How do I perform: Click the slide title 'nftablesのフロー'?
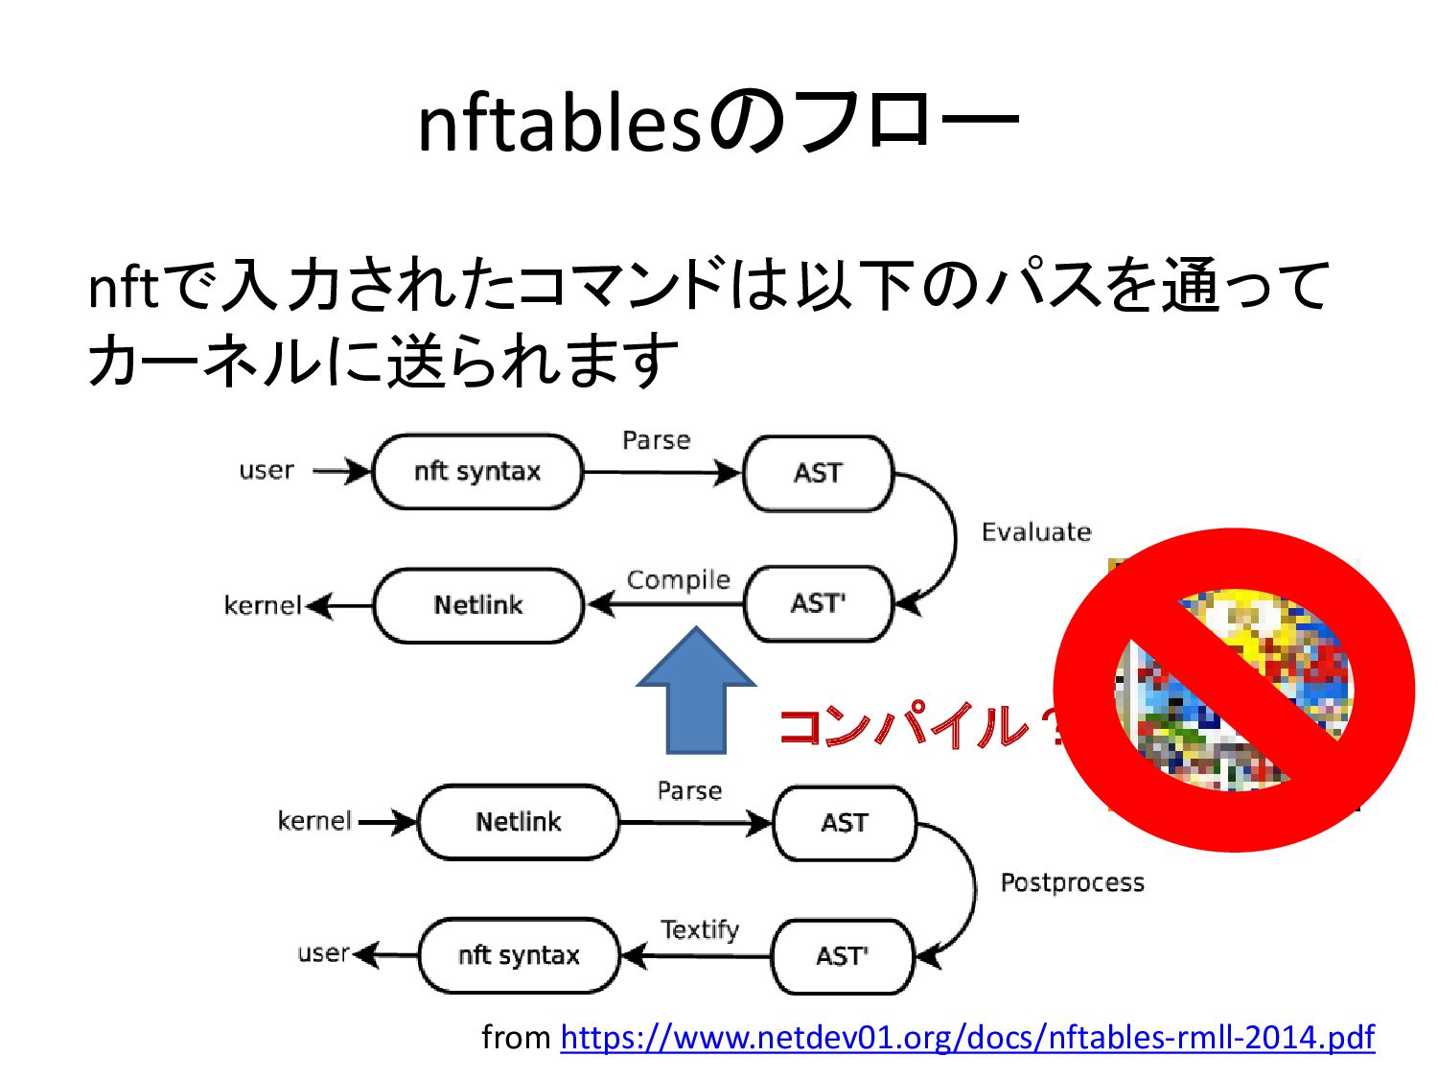click(718, 123)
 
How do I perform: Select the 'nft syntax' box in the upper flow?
click(477, 471)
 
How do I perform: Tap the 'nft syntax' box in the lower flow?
click(519, 955)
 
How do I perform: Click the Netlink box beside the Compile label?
click(477, 605)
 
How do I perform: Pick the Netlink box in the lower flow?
click(519, 822)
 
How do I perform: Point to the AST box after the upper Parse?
click(818, 473)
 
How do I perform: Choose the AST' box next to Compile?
click(818, 603)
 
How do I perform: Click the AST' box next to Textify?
click(842, 956)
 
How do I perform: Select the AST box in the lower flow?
click(844, 823)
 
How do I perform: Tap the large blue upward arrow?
click(696, 691)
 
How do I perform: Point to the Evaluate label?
click(1036, 532)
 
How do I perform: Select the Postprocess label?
click(1072, 882)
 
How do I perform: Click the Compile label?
click(678, 579)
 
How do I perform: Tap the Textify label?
click(700, 929)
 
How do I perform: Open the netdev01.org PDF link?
click(967, 1037)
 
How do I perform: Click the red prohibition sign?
click(1234, 690)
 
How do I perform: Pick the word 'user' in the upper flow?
click(267, 470)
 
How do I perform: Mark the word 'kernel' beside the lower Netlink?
click(314, 821)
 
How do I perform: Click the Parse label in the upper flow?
click(656, 440)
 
